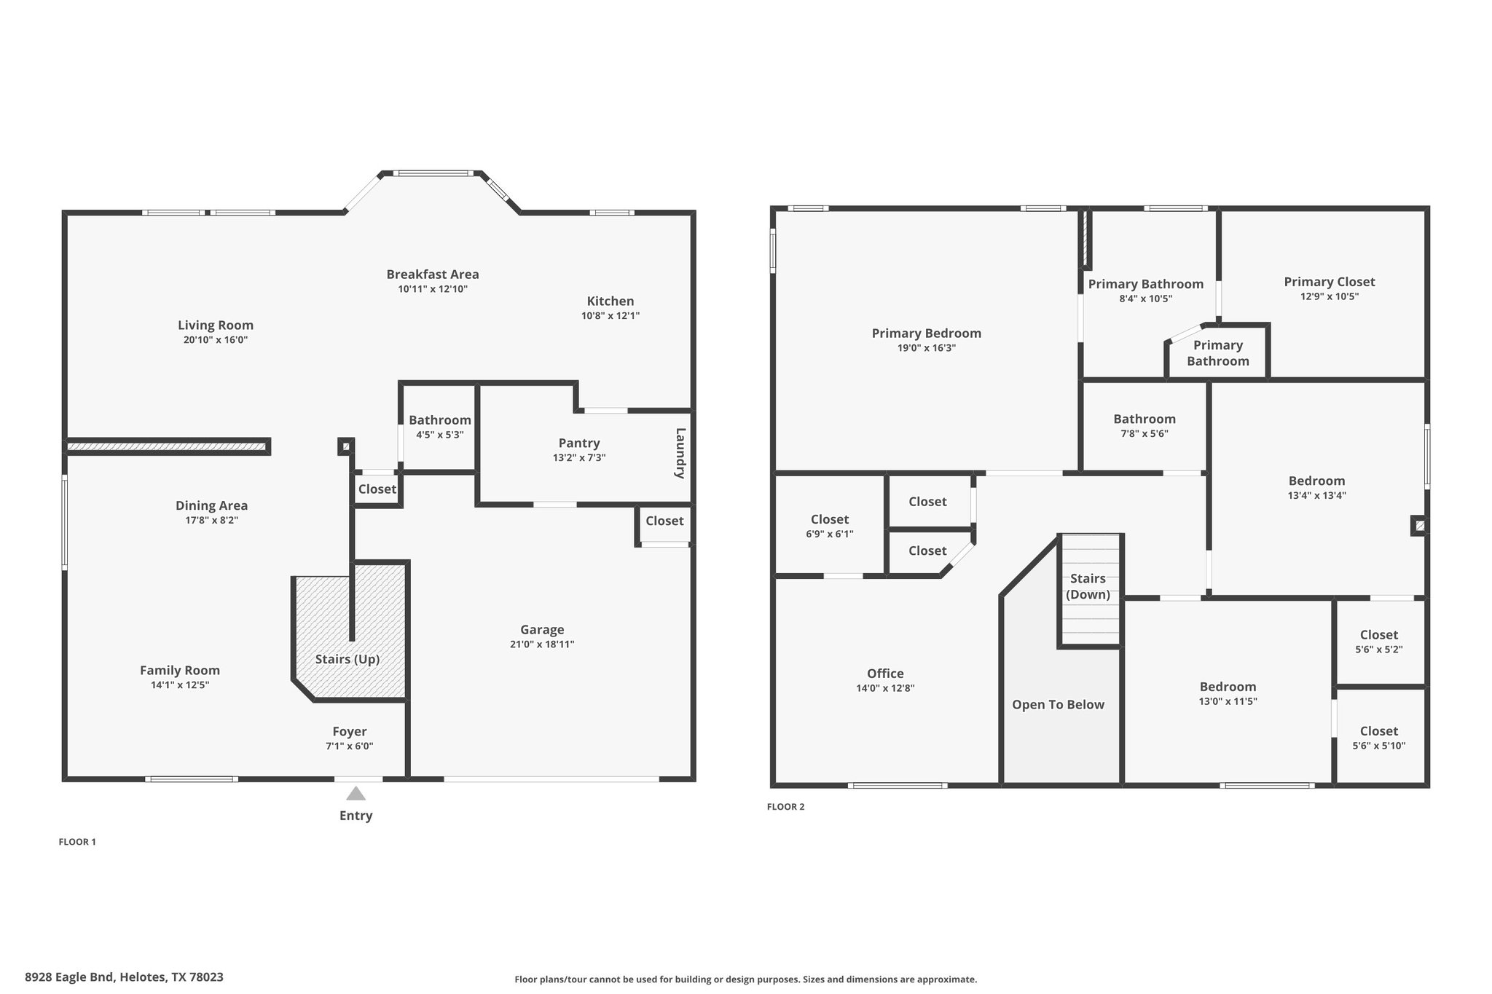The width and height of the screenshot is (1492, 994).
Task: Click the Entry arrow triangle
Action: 356,793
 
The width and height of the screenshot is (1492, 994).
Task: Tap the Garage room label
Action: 542,630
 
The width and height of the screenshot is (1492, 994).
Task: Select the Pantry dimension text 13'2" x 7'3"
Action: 579,458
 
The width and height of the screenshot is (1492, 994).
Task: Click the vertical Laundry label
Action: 680,453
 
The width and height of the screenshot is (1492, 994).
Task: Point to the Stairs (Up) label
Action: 348,660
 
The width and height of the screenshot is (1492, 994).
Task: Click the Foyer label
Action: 350,732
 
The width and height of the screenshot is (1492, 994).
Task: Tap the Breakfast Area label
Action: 433,275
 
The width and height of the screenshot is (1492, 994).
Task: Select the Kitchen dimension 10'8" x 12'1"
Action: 610,316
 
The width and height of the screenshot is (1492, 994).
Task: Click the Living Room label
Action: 216,326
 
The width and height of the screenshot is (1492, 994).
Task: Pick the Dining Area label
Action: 211,506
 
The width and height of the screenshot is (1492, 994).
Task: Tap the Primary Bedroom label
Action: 927,334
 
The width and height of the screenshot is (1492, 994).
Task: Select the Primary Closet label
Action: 1330,282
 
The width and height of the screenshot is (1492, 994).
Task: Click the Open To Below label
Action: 1058,705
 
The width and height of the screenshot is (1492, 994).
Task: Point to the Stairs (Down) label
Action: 1088,586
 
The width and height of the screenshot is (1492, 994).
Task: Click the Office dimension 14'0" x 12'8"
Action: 885,689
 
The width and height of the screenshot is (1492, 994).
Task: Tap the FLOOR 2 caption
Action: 786,807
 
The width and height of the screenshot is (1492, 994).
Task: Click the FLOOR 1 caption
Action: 77,842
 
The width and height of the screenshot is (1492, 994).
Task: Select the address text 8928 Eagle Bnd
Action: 69,977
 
